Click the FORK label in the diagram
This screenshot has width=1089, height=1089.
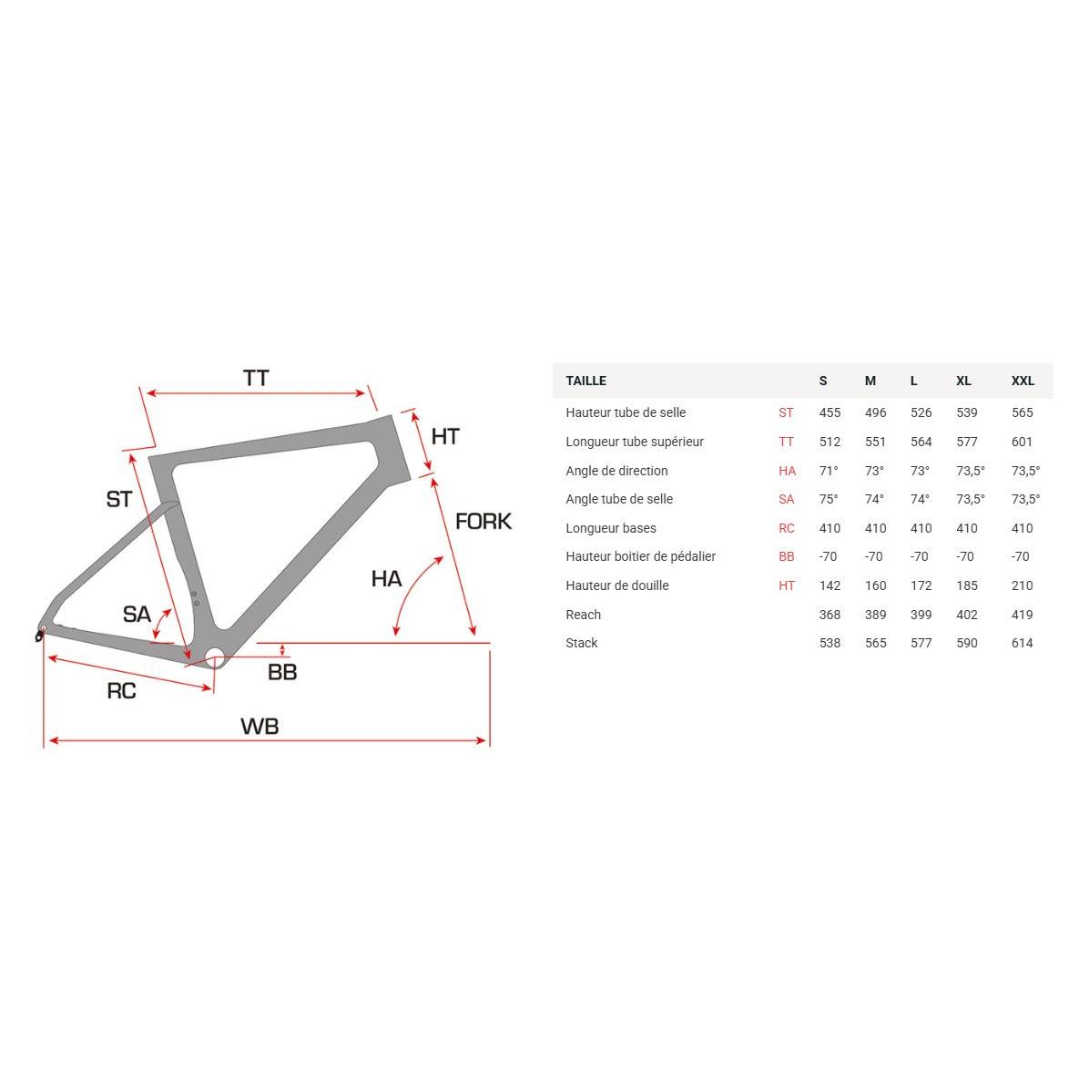pos(483,522)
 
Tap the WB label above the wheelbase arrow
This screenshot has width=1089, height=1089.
pos(260,726)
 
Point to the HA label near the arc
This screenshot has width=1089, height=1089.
pos(386,578)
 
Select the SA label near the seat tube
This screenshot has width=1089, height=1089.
pos(137,615)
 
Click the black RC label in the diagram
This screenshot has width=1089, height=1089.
pos(121,691)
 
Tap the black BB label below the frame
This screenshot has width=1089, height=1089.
pos(282,673)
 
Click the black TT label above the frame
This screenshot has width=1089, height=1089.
pos(256,378)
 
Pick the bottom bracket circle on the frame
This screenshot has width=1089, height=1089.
pos(215,657)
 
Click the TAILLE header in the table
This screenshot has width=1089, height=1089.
pos(585,381)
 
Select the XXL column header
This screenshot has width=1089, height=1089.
pos(1023,381)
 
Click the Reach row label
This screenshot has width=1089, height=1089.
pos(583,615)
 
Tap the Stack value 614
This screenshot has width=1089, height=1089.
pos(1022,643)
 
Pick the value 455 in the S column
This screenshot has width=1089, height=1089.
pos(829,412)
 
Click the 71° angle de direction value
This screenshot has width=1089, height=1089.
pos(829,471)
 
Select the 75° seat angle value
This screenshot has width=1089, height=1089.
pos(829,499)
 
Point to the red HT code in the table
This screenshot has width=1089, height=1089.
pos(787,585)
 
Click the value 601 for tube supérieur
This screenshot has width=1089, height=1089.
pos(1022,442)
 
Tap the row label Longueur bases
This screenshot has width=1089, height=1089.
pos(610,528)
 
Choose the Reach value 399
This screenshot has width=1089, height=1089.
pos(921,615)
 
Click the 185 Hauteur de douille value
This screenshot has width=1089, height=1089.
pos(967,585)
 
